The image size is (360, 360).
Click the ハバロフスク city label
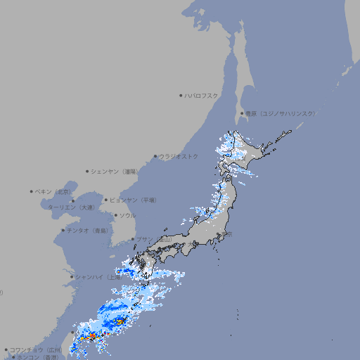click(x=202, y=95)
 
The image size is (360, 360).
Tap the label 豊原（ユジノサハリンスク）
click(x=280, y=113)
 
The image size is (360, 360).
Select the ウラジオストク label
click(x=179, y=156)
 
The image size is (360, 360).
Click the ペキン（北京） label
click(x=53, y=191)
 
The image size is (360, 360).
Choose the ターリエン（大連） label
click(x=71, y=207)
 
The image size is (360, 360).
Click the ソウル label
click(x=127, y=215)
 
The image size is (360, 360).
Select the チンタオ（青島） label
click(x=87, y=231)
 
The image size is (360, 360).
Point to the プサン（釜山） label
click(x=153, y=239)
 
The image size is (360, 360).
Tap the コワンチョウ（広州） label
click(x=36, y=349)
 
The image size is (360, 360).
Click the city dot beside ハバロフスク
click(x=181, y=95)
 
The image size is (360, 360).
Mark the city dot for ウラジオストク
click(x=155, y=156)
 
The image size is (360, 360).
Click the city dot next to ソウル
click(x=115, y=215)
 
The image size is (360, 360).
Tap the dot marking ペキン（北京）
click(x=32, y=191)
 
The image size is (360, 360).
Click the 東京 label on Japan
click(x=228, y=234)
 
